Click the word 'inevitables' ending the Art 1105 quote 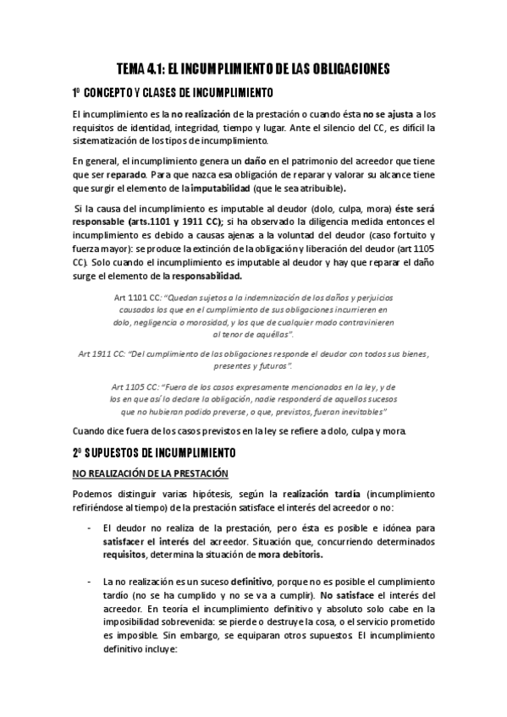pyautogui.click(x=360, y=411)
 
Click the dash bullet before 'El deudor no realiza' pyautogui.click(x=90, y=528)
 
